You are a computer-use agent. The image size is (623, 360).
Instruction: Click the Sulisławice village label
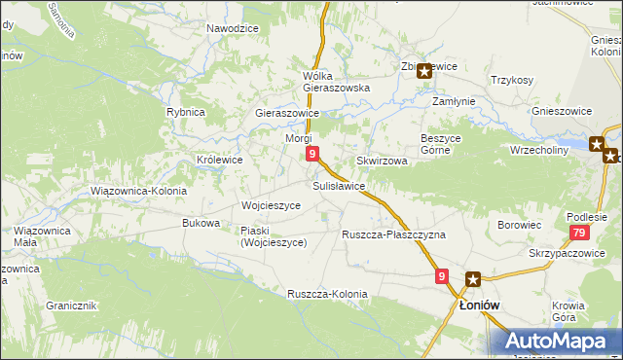click(339, 185)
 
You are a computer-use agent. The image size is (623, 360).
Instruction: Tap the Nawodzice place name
click(232, 28)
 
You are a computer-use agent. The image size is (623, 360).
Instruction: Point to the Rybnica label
click(185, 112)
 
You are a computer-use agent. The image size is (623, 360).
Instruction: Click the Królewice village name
click(219, 160)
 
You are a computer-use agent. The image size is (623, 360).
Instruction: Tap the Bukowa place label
click(201, 223)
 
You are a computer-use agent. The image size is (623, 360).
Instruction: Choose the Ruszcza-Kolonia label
click(327, 293)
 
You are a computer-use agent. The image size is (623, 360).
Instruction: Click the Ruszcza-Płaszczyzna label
click(393, 234)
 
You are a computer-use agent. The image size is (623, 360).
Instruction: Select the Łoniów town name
click(479, 305)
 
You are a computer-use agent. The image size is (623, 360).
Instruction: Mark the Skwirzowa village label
click(382, 161)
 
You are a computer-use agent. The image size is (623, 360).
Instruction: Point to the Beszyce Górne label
click(447, 144)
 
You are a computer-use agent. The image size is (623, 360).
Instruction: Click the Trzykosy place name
click(512, 80)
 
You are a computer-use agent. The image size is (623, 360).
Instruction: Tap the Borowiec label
click(519, 225)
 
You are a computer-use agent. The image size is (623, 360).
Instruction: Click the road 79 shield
click(579, 233)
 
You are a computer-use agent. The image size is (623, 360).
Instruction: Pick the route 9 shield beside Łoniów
click(442, 277)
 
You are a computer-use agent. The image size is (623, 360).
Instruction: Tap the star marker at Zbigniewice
click(424, 70)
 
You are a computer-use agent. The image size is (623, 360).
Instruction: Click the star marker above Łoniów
click(473, 279)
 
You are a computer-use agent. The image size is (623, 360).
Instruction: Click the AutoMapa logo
click(560, 340)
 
